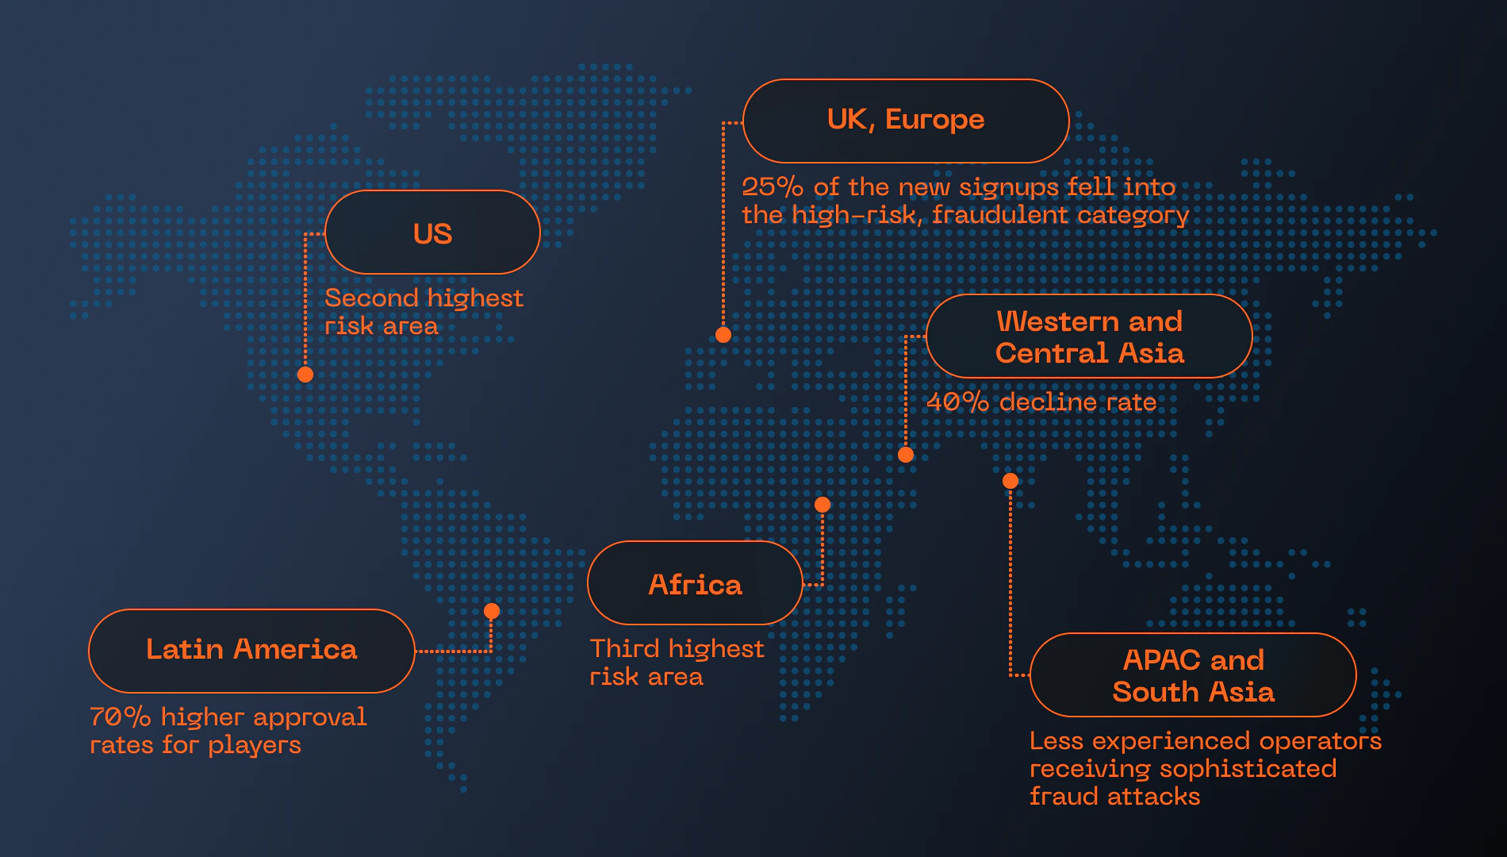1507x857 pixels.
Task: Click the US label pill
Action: coord(432,233)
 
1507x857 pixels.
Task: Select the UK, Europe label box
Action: coord(906,121)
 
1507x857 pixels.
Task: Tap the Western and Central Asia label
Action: coord(1089,336)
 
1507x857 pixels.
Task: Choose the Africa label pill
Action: coord(695,583)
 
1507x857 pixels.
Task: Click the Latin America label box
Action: coord(251,651)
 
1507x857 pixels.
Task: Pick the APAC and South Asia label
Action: coord(1193,675)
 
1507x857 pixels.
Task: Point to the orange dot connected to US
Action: coord(305,375)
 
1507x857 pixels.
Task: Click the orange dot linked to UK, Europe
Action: coord(723,335)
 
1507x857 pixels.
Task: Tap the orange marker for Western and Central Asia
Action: coord(906,455)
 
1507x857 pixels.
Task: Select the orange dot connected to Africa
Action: coord(823,505)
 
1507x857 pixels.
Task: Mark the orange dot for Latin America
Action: coord(492,611)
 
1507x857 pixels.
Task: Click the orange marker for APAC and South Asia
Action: coord(1010,481)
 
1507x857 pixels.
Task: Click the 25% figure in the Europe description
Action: coord(773,187)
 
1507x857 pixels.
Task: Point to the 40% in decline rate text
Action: coord(957,402)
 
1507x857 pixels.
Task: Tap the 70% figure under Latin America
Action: coord(120,717)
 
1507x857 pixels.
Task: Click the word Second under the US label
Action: coord(371,298)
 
